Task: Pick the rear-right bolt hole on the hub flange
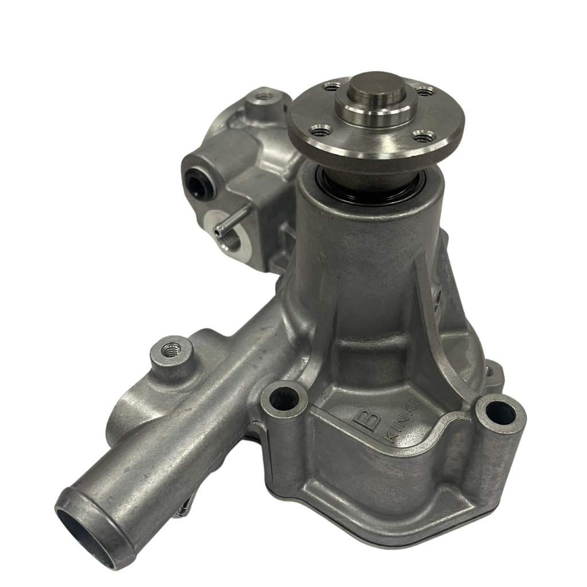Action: pos(425,91)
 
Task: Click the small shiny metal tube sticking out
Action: pos(231,220)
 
